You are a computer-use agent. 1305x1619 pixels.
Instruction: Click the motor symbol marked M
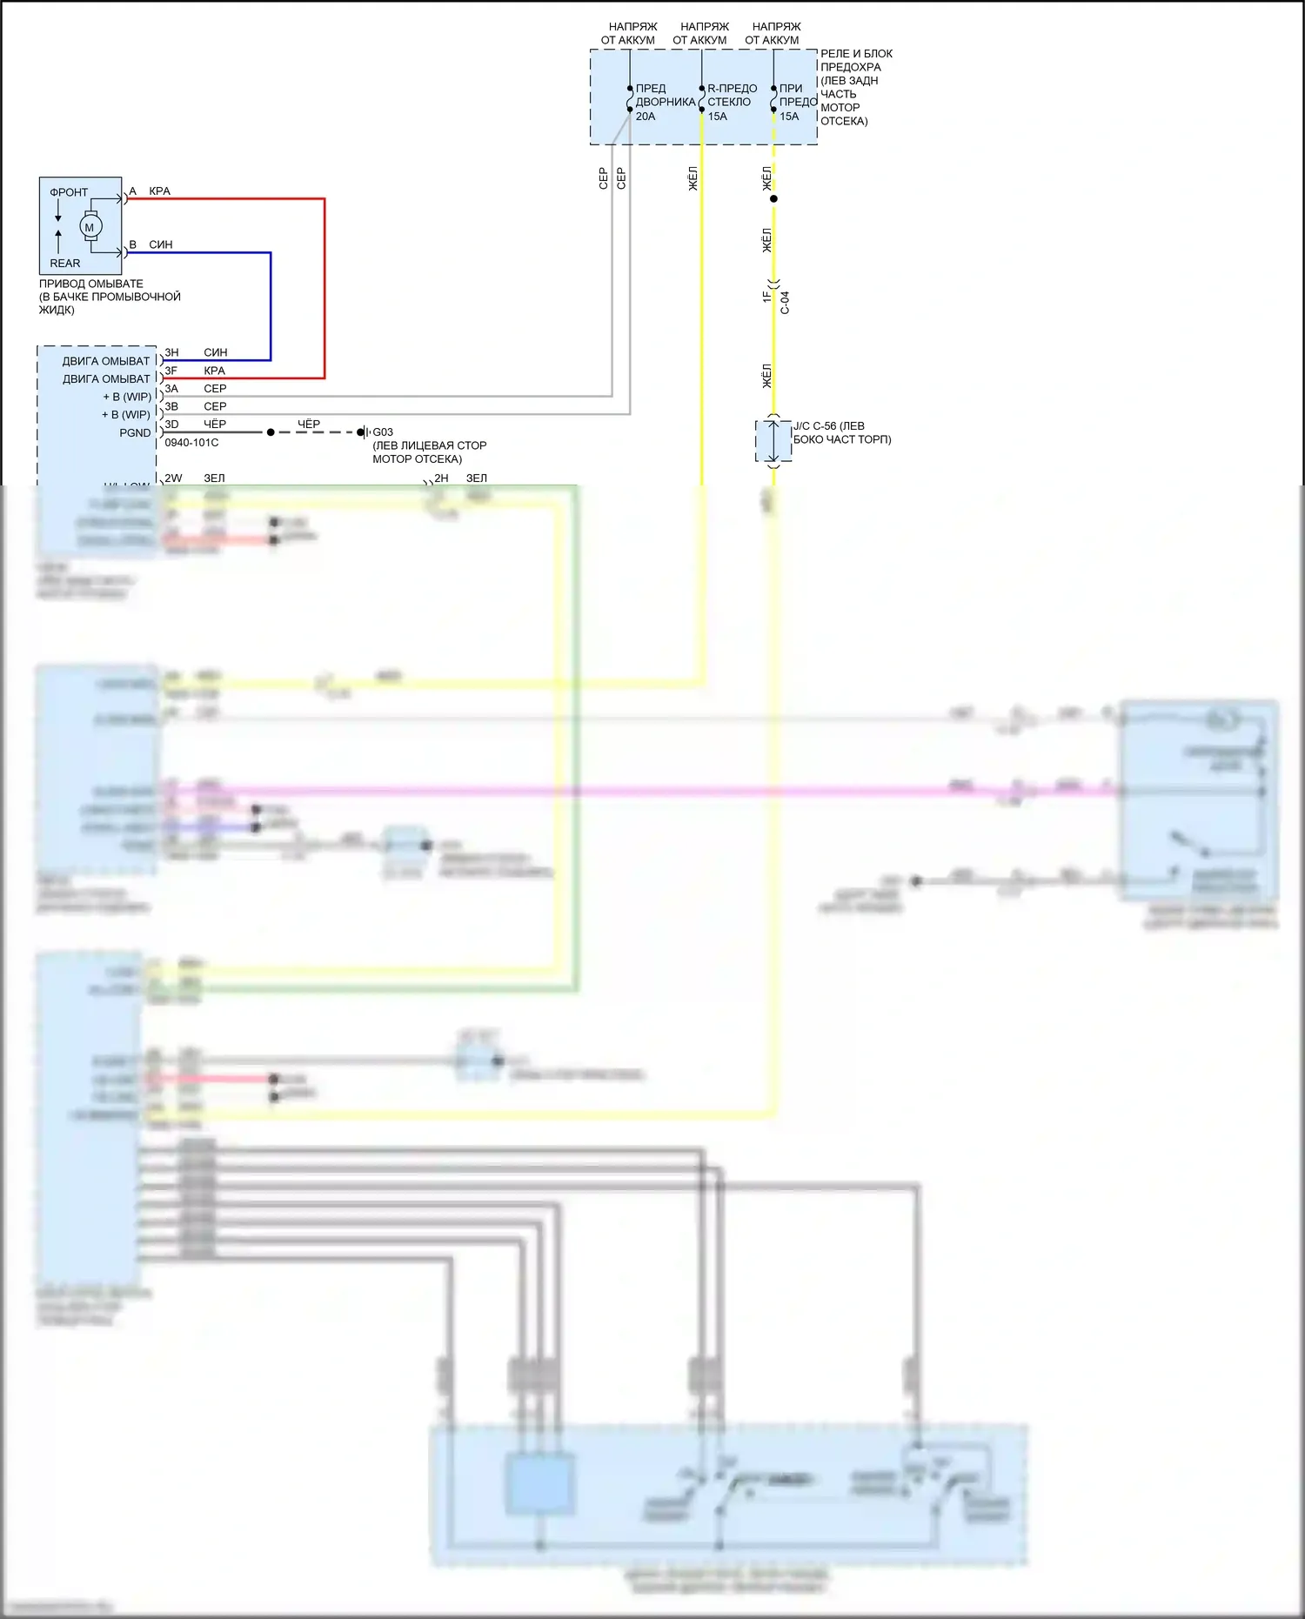point(90,227)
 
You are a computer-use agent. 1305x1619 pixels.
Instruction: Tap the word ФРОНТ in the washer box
point(69,192)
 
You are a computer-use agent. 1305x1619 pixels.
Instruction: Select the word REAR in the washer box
point(64,263)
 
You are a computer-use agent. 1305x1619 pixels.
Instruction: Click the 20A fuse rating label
point(646,117)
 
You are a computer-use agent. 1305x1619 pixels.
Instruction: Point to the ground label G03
point(383,432)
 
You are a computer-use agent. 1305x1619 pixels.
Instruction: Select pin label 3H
point(171,352)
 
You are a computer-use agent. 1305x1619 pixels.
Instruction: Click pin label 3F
point(171,371)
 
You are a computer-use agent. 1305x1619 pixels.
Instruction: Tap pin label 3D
point(171,425)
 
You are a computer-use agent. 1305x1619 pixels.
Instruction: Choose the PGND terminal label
point(135,432)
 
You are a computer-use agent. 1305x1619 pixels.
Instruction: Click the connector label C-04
point(785,302)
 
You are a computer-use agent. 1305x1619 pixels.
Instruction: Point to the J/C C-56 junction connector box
point(773,441)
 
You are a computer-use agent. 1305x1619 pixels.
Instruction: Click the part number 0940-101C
point(191,443)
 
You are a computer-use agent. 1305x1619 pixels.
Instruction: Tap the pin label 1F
point(766,297)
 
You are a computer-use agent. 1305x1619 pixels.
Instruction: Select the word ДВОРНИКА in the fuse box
point(666,103)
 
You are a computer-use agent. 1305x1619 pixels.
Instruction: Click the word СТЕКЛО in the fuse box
point(729,103)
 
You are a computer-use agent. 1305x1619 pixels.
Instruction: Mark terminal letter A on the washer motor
point(132,191)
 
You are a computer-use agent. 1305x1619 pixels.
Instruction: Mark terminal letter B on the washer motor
point(132,244)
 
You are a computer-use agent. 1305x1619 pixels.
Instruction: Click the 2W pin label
point(173,478)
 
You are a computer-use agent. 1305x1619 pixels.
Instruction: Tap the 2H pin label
point(442,478)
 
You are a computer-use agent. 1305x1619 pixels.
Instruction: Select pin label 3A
point(171,389)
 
